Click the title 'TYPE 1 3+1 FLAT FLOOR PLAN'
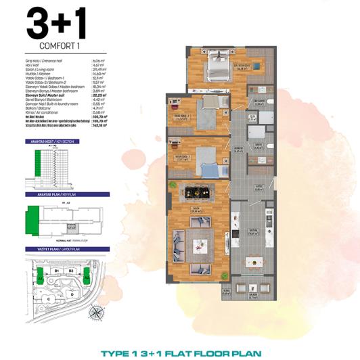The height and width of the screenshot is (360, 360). click(180, 353)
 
